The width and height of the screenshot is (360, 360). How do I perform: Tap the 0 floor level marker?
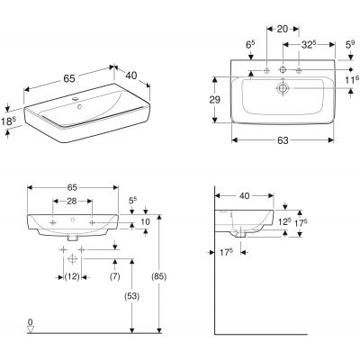click(x=31, y=321)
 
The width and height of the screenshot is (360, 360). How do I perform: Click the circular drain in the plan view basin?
click(x=283, y=89)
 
